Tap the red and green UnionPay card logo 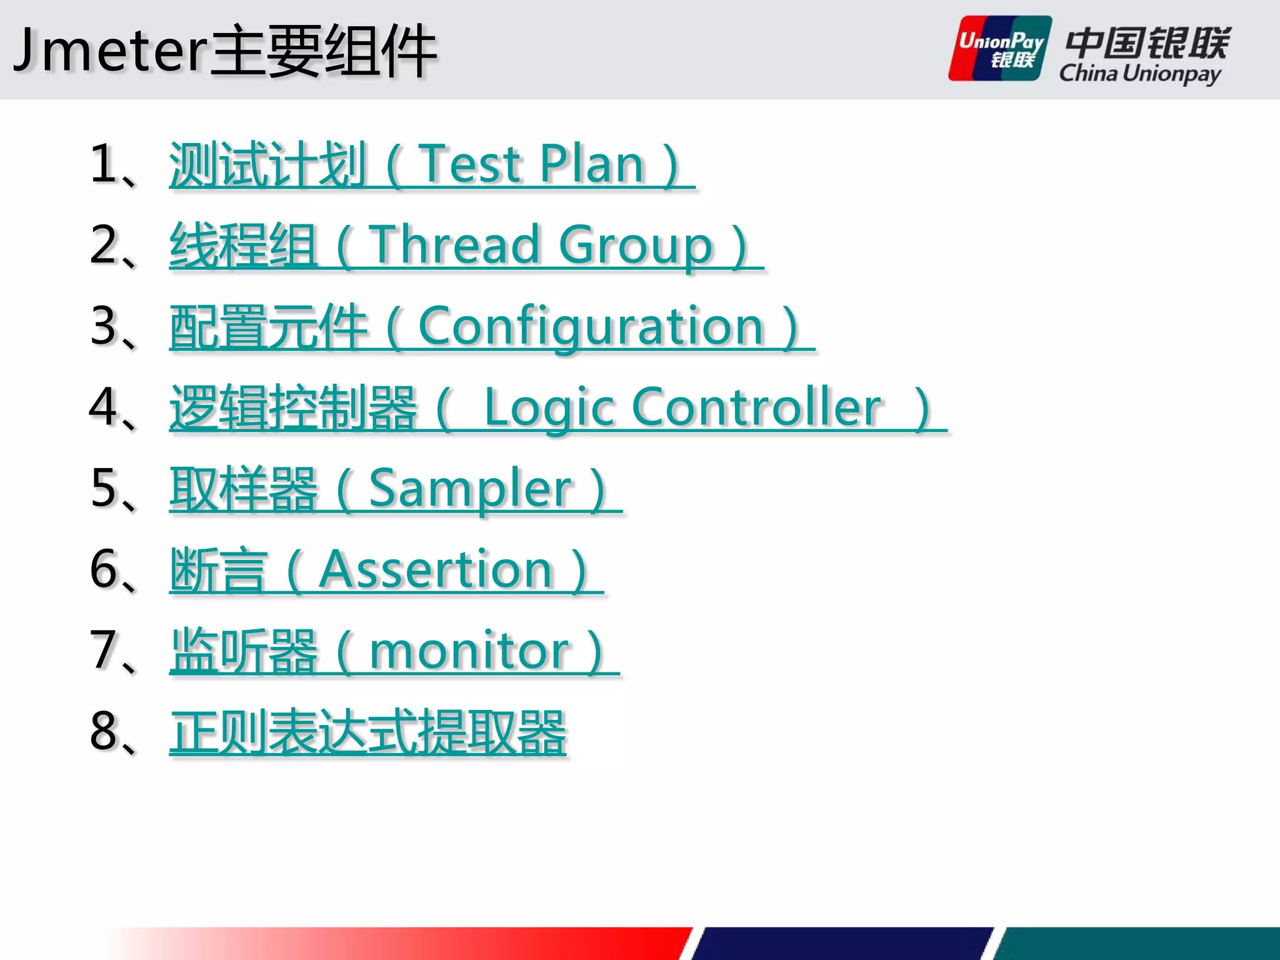tap(1000, 49)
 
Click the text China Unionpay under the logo tap(1139, 74)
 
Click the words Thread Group tap(541, 245)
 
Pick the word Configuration tap(591, 326)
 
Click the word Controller tap(757, 407)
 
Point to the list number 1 tap(102, 164)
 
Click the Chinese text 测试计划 tap(267, 164)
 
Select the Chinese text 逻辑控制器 tap(292, 407)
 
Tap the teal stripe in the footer tap(1137, 944)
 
